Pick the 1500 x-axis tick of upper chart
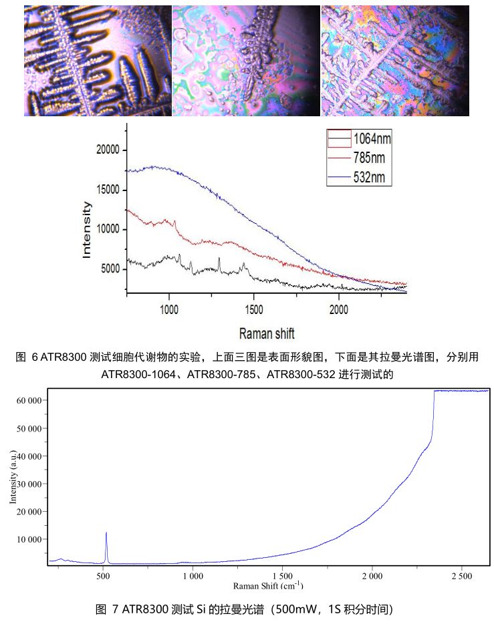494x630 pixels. pyautogui.click(x=254, y=309)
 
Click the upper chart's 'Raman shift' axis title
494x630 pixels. pyautogui.click(x=267, y=333)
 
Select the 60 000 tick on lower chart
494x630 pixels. pyautogui.click(x=29, y=400)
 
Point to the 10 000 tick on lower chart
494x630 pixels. pyautogui.click(x=29, y=539)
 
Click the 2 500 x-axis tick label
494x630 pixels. pyautogui.click(x=461, y=575)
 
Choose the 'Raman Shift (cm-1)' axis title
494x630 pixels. pyautogui.click(x=268, y=586)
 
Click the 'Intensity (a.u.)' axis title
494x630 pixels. pyautogui.click(x=13, y=476)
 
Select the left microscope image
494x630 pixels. pyautogui.click(x=98, y=61)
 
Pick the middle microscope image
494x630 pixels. pyautogui.click(x=246, y=61)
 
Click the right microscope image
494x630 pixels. pyautogui.click(x=394, y=61)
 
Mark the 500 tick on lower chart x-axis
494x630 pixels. pyautogui.click(x=103, y=575)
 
